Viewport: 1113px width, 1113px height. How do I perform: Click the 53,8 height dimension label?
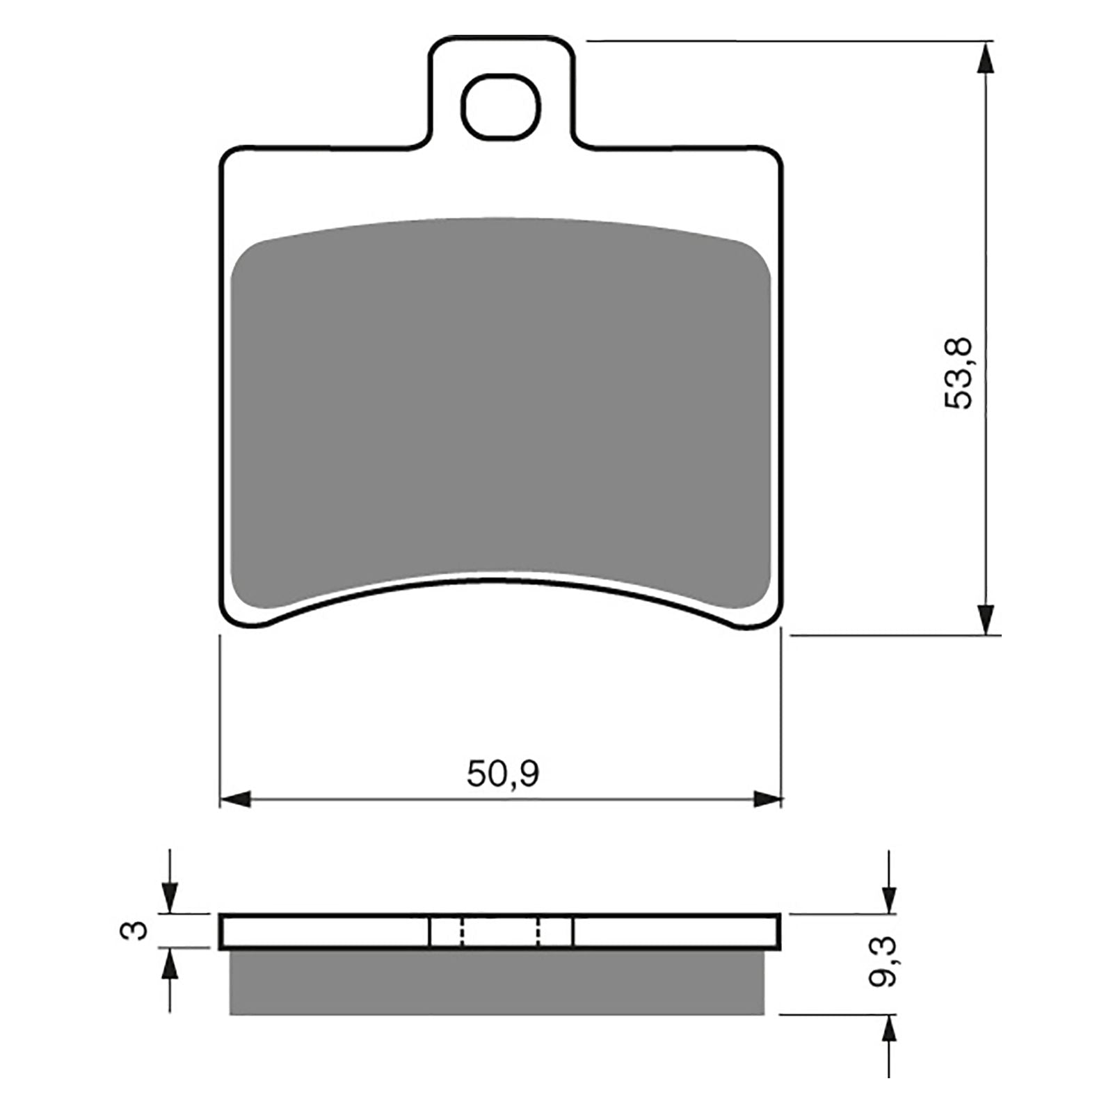click(961, 374)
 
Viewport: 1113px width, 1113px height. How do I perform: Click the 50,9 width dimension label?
click(502, 774)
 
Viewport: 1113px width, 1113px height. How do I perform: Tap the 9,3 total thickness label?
click(882, 962)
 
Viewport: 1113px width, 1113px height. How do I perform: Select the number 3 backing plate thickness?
click(139, 929)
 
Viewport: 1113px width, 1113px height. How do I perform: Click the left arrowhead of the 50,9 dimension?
click(235, 799)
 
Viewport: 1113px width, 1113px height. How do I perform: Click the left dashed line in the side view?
click(461, 931)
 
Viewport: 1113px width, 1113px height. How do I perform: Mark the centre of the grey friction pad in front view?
click(501, 410)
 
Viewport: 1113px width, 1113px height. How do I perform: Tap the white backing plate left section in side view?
click(323, 931)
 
